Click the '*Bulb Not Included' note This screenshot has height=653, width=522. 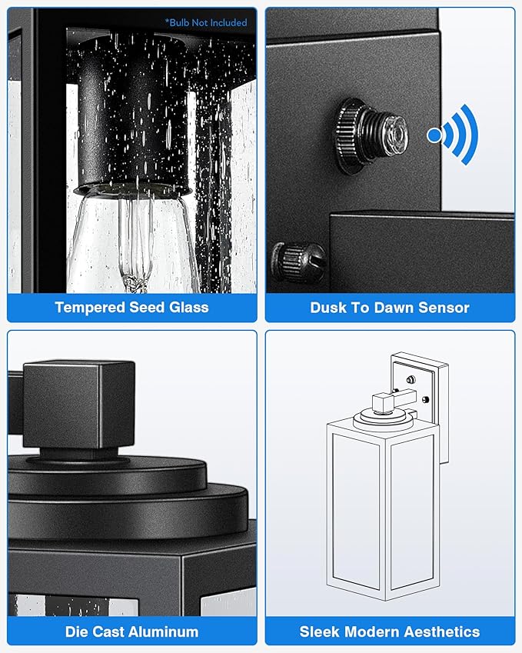click(x=206, y=22)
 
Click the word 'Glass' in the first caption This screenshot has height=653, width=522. click(x=188, y=308)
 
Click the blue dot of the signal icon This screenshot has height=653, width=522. click(x=434, y=135)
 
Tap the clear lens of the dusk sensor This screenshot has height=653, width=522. click(x=395, y=135)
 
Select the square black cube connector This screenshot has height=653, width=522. click(x=78, y=405)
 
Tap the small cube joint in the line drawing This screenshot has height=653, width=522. click(x=382, y=403)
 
